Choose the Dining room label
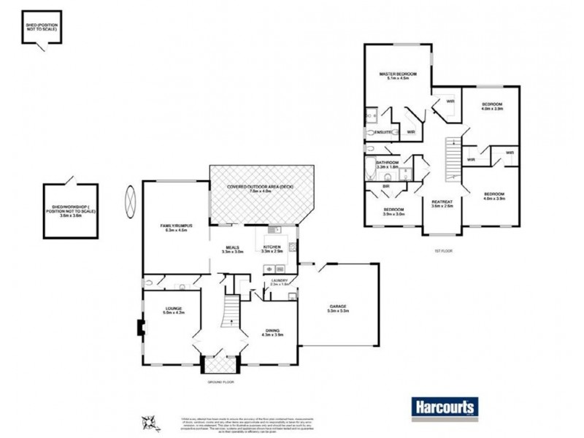[x=272, y=333]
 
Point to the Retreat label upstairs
[x=442, y=204]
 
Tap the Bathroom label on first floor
[x=387, y=165]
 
